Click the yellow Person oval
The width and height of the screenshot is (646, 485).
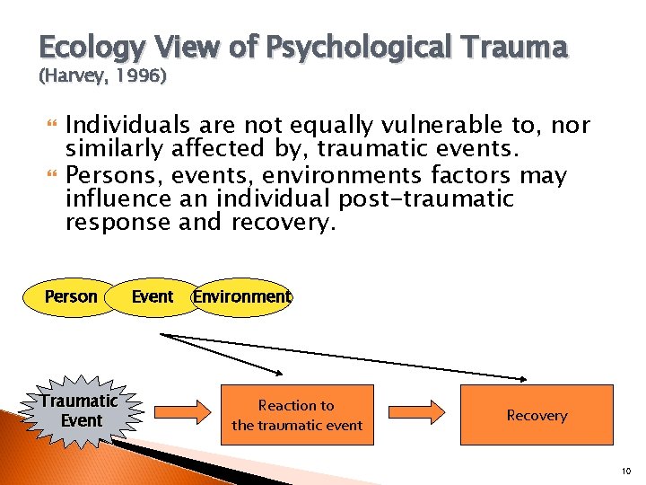71,297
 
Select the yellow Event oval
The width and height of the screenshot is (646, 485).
152,297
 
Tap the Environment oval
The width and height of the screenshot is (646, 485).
242,297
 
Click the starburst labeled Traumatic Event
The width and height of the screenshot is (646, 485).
80,410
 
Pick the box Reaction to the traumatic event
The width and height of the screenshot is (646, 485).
297,415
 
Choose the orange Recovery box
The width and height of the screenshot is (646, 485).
537,415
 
